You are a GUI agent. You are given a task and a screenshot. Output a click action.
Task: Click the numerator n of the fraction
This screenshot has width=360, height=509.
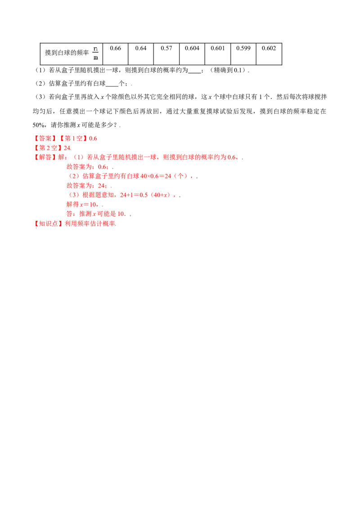[x=95, y=48]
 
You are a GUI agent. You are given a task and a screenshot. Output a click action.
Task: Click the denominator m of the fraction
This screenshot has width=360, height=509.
[x=95, y=57]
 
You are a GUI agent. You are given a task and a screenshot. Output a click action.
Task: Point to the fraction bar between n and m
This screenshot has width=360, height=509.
[x=95, y=53]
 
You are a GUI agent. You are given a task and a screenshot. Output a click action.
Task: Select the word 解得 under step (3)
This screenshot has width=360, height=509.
[x=72, y=205]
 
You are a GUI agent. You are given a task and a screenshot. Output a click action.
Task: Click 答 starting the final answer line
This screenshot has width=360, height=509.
[x=69, y=214]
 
